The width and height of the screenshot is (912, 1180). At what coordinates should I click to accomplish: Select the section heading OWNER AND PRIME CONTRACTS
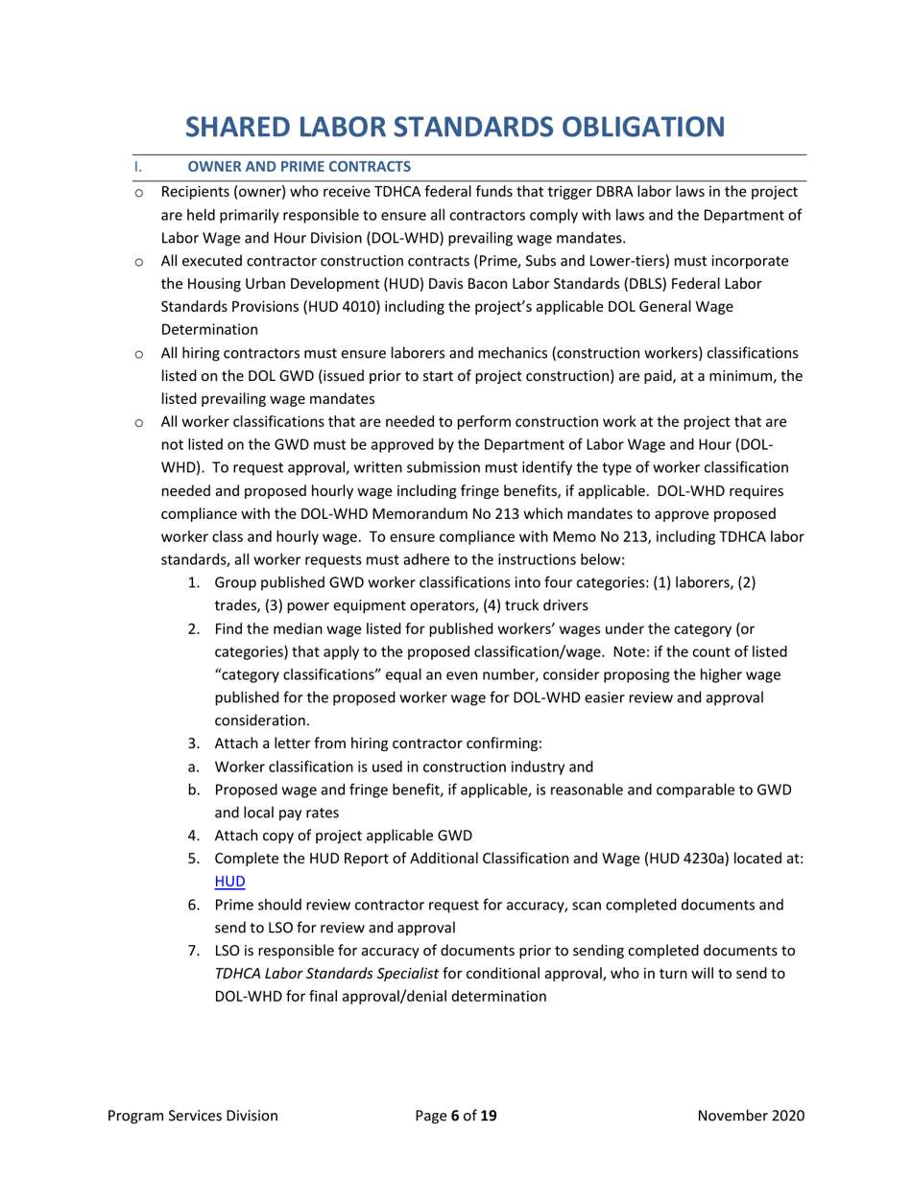(299, 167)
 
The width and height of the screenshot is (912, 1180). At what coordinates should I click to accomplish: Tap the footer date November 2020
(750, 1116)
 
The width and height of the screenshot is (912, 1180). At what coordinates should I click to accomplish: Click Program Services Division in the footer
(193, 1116)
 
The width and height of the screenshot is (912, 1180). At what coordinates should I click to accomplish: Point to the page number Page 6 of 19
(455, 1116)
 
